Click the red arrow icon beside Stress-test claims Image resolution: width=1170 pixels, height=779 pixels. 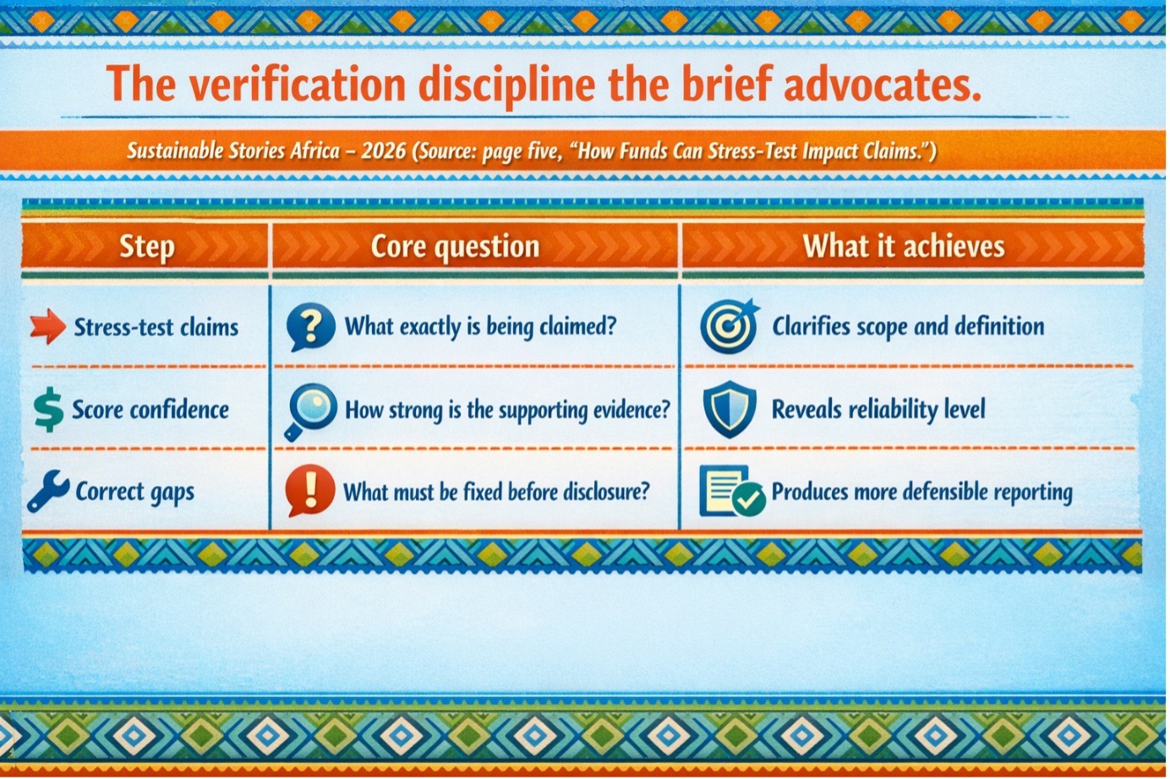tap(47, 327)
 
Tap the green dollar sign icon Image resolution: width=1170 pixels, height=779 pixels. tap(48, 410)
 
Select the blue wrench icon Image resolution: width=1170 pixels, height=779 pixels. tap(48, 491)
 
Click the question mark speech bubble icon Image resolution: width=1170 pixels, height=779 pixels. tap(310, 327)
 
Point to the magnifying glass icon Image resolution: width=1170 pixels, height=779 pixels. tap(311, 411)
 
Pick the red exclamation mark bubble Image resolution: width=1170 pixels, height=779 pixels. tap(309, 491)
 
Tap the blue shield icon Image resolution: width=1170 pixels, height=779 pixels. tap(730, 409)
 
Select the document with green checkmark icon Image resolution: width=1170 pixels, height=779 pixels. tap(732, 492)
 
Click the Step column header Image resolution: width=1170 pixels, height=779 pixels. tap(147, 247)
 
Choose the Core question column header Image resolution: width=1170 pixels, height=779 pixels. tap(455, 247)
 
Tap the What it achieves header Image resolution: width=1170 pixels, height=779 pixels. tap(904, 246)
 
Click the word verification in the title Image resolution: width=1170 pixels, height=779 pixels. tap(298, 84)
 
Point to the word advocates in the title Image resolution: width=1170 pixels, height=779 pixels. tap(883, 84)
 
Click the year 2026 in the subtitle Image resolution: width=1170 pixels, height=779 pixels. tap(384, 151)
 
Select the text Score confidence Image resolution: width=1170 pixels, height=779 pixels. tap(150, 409)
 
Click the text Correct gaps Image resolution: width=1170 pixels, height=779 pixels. tap(134, 492)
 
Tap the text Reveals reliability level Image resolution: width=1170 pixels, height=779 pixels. tap(878, 409)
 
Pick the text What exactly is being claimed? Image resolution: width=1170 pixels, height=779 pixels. tap(480, 326)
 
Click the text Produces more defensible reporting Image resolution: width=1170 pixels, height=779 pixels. tap(922, 492)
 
